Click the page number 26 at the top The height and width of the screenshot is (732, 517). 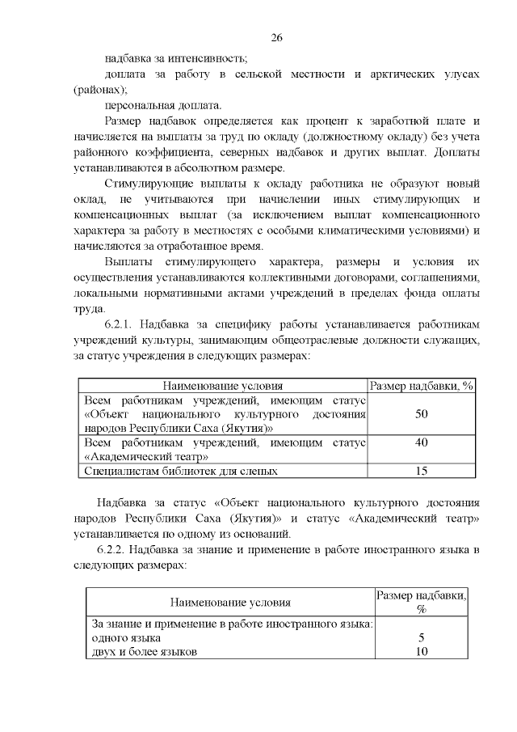pyautogui.click(x=275, y=38)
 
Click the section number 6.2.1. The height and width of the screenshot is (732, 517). pyautogui.click(x=122, y=324)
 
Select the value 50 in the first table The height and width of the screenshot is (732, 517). pyautogui.click(x=421, y=414)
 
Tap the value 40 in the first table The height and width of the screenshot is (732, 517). pyautogui.click(x=421, y=442)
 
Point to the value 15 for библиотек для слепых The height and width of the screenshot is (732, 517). pyautogui.click(x=421, y=470)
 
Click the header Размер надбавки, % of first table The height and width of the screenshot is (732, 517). pyautogui.click(x=421, y=386)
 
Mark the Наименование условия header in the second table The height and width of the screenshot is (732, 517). pyautogui.click(x=230, y=603)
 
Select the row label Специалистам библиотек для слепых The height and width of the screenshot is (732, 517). pyautogui.click(x=182, y=470)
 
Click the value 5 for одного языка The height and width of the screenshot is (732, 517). pyautogui.click(x=421, y=637)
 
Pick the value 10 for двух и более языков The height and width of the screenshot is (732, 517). pyautogui.click(x=421, y=652)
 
